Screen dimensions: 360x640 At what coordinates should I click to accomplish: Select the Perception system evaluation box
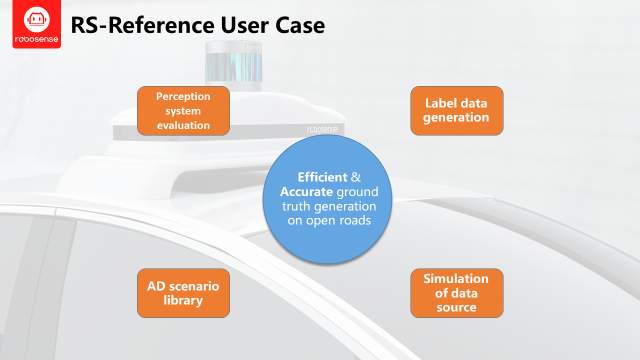(x=183, y=111)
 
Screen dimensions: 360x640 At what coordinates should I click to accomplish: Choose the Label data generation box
(x=456, y=111)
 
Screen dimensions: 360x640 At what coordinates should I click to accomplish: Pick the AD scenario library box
(x=183, y=293)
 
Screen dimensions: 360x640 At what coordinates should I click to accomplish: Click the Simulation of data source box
(x=456, y=293)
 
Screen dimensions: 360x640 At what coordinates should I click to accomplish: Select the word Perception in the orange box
(x=183, y=96)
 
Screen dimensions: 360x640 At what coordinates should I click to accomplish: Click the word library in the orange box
(x=183, y=301)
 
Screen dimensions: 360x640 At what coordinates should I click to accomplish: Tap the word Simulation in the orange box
(x=456, y=278)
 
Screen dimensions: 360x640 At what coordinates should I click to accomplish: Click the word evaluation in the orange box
(x=183, y=125)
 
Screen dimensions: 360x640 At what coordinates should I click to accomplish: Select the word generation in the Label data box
(x=456, y=118)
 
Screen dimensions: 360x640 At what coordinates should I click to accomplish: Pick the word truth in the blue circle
(x=297, y=206)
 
